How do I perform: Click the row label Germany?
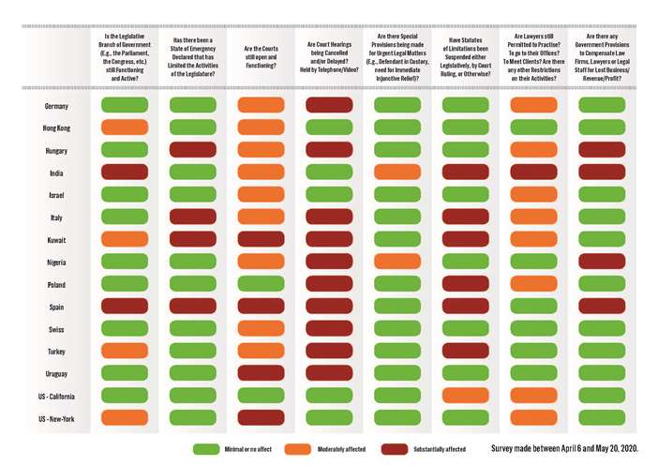click(x=57, y=106)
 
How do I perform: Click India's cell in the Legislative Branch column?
click(x=125, y=172)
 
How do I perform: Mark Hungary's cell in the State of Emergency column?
click(x=193, y=150)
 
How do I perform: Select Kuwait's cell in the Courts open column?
click(x=261, y=239)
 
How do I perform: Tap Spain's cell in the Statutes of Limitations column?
click(x=465, y=307)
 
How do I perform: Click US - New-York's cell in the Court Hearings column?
click(x=329, y=418)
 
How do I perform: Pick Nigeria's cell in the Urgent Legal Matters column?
click(x=397, y=262)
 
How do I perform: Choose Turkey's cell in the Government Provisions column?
click(x=602, y=352)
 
